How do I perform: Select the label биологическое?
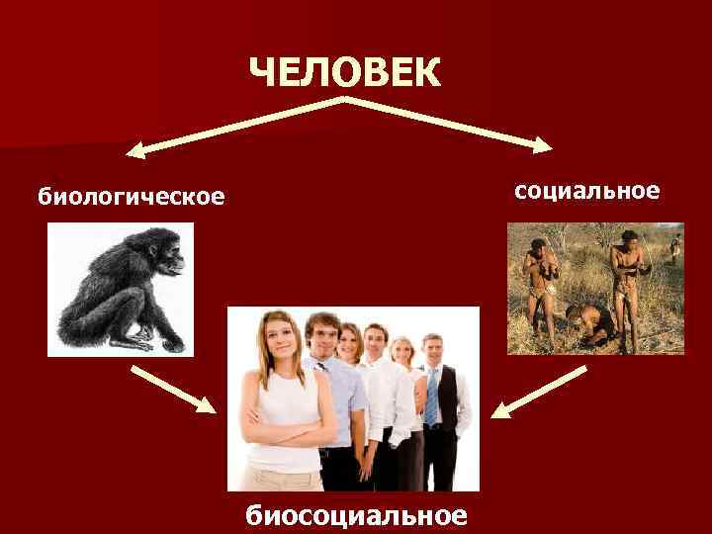point(132,197)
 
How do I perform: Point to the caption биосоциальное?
point(355,514)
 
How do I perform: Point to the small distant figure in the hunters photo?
point(674,249)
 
